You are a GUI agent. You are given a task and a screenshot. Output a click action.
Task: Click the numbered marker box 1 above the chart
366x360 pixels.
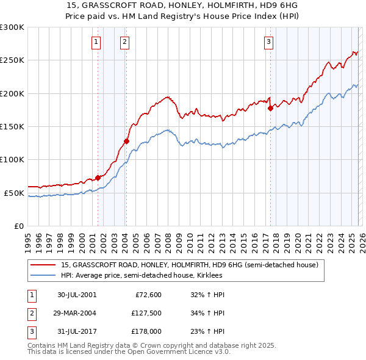97,42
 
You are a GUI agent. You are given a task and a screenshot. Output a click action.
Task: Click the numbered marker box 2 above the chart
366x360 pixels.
124,42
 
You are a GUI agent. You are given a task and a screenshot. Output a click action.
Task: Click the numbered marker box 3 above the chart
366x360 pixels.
269,42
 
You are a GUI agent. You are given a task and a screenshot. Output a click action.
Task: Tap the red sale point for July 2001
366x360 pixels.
98,178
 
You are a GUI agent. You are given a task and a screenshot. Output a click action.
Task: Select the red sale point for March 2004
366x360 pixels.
126,142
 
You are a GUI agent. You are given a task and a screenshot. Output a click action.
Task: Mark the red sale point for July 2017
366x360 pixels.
270,109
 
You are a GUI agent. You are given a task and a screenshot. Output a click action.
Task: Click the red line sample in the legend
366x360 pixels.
43,265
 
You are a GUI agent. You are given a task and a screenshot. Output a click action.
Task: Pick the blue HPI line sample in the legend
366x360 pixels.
43,276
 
